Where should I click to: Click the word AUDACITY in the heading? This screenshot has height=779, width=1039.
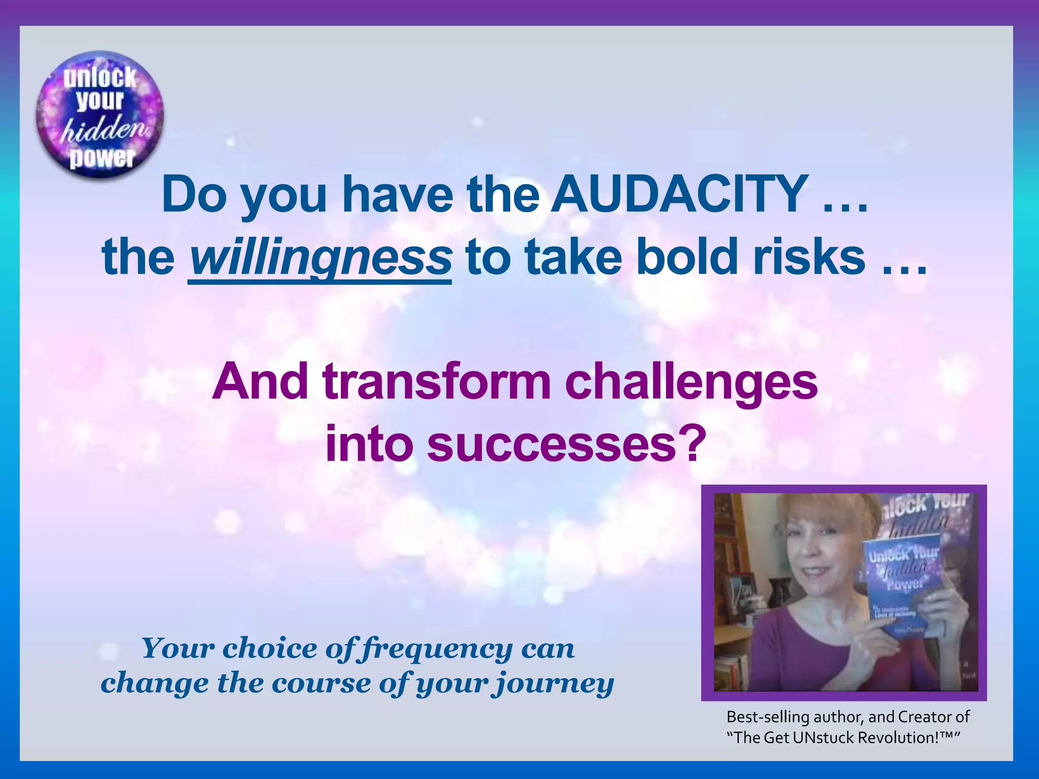680,195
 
